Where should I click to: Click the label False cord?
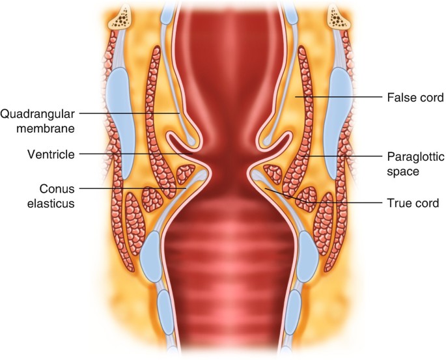pyautogui.click(x=415, y=98)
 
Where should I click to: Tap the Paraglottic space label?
pyautogui.click(x=411, y=165)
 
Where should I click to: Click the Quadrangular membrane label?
pyautogui.click(x=36, y=121)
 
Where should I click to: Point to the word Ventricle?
pyautogui.click(x=33, y=154)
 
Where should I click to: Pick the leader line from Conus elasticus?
pyautogui.click(x=130, y=189)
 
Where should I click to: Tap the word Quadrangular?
pyautogui.click(x=36, y=114)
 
